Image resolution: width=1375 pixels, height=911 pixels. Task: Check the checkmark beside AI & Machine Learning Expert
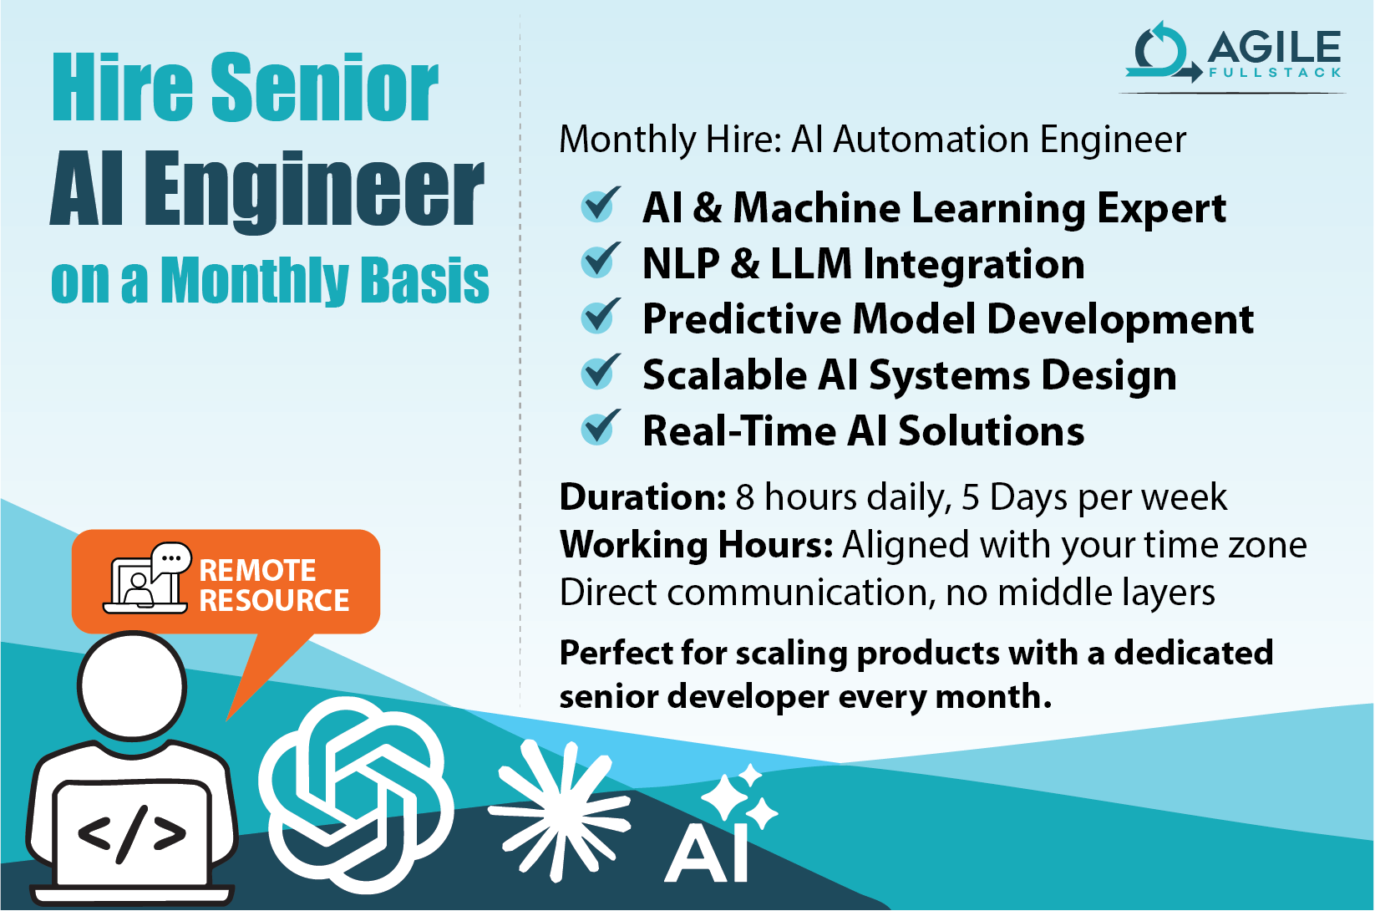[600, 205]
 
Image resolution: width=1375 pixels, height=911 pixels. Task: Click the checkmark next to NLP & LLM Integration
[600, 261]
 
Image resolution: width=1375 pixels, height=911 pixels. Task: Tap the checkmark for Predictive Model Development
[600, 317]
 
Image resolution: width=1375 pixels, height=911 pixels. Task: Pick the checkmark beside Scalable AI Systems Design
[600, 373]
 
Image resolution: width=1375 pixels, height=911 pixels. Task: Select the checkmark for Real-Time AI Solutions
[600, 428]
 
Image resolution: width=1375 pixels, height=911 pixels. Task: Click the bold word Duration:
[642, 497]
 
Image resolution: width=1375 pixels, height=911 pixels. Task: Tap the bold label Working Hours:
[696, 545]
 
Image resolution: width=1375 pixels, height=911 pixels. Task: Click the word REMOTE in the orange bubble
[257, 570]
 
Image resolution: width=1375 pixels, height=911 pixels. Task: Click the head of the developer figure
[132, 685]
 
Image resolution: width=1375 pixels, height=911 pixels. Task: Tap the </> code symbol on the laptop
[131, 833]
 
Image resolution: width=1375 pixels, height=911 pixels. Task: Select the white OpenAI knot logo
[355, 794]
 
